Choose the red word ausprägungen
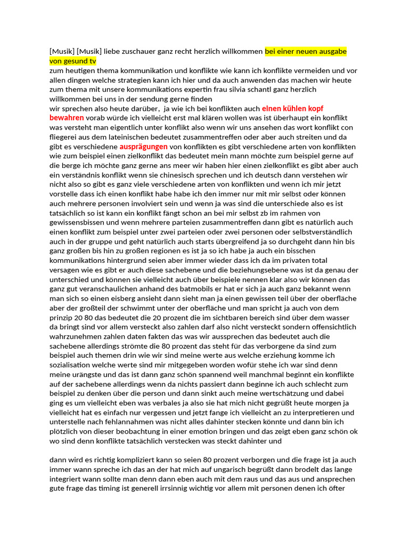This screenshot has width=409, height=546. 144,146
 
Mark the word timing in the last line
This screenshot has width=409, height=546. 132,488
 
